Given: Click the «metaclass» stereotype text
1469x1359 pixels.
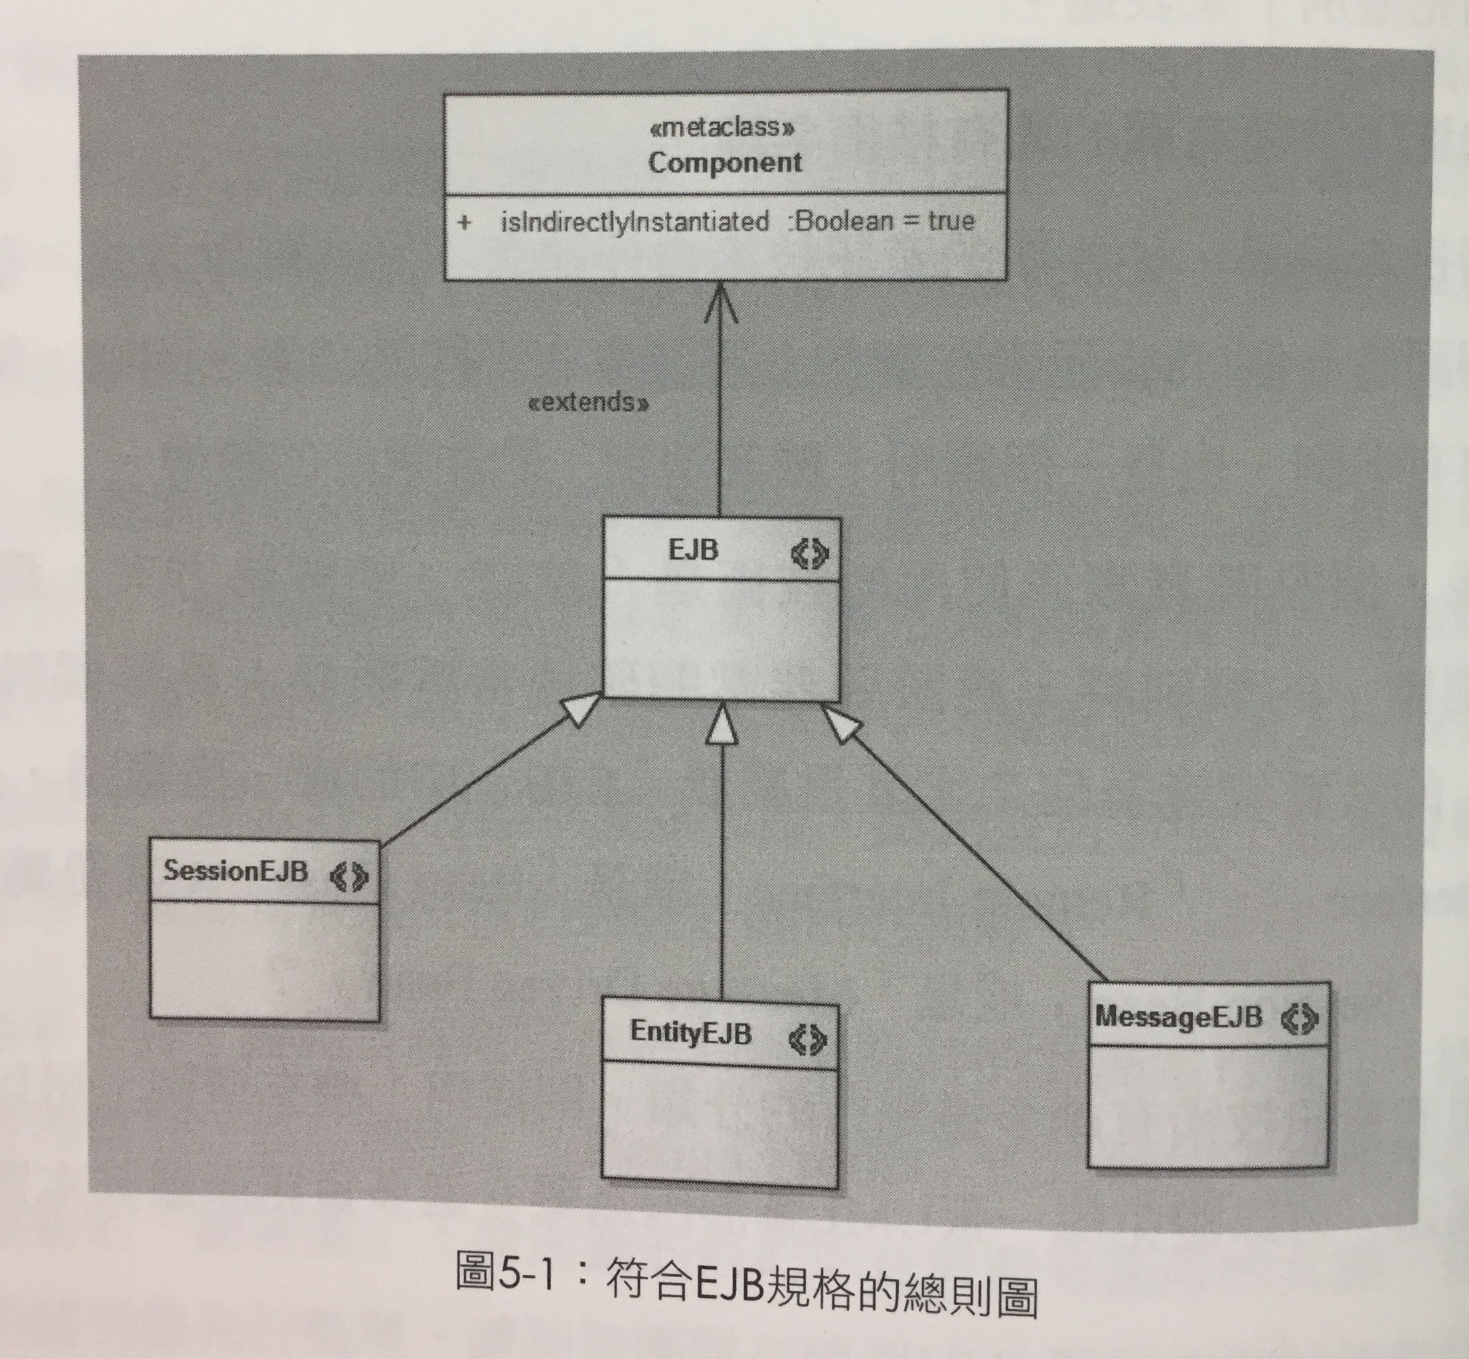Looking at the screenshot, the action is (x=722, y=128).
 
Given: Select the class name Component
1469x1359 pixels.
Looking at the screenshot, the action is (x=725, y=163).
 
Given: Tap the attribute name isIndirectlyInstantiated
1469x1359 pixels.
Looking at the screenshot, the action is (x=635, y=221).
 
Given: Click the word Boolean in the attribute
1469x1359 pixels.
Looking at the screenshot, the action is (x=842, y=220).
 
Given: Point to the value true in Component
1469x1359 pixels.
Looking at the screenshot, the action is (x=951, y=220).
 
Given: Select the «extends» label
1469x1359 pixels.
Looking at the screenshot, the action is (x=589, y=403).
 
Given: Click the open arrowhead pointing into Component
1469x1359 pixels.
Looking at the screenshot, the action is (x=720, y=301).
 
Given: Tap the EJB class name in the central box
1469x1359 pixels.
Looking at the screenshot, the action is (x=692, y=550).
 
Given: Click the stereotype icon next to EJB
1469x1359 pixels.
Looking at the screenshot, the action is (x=809, y=553).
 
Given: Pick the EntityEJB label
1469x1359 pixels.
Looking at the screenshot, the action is (x=690, y=1033).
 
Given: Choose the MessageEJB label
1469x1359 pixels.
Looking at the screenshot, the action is (x=1178, y=1018).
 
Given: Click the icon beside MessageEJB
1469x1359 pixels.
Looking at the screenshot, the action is (x=1300, y=1019).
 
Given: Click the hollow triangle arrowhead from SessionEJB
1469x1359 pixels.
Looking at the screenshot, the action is (x=580, y=710).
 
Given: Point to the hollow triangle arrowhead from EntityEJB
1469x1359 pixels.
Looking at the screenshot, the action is (x=722, y=724).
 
